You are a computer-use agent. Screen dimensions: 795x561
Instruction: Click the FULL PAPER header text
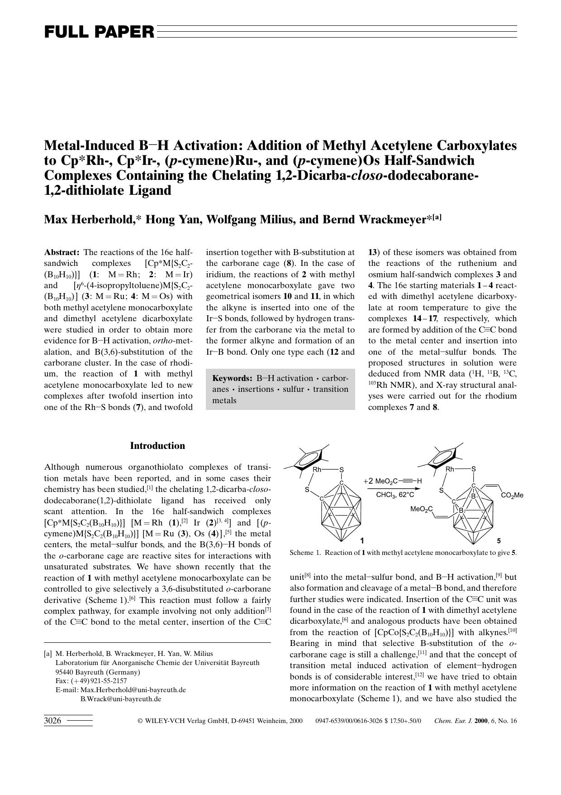(99, 32)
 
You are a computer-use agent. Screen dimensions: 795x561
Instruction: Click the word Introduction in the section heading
(157, 446)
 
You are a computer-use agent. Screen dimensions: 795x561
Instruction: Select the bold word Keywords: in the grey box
(232, 378)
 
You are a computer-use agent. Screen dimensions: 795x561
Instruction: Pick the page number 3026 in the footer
(52, 721)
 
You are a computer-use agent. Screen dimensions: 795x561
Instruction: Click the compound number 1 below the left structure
(362, 540)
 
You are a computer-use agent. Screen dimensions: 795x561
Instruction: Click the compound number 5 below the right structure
(499, 540)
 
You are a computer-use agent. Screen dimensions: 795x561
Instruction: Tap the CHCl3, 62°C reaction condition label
(395, 495)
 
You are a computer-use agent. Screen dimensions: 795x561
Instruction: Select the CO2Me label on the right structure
(512, 495)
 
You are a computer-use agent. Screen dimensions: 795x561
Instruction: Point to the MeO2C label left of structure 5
(421, 510)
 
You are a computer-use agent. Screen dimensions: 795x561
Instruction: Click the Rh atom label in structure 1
(317, 469)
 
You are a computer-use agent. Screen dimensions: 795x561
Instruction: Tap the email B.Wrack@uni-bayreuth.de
(121, 699)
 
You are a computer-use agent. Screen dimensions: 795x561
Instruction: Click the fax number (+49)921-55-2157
(98, 681)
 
